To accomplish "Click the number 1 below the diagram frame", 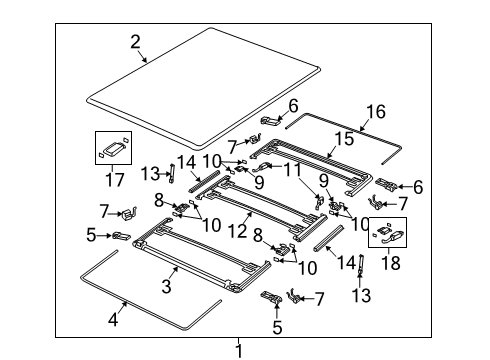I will [x=239, y=349].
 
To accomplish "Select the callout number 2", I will [x=135, y=41].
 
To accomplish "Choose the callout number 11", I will [x=292, y=172].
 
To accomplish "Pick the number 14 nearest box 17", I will [x=187, y=161].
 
